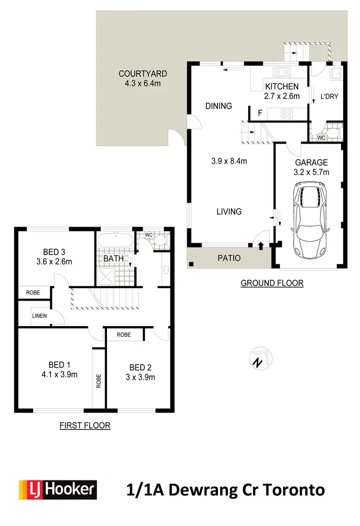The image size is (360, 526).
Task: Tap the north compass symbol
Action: point(260,359)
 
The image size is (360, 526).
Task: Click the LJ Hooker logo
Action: point(58,489)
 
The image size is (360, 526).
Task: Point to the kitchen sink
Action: point(282,73)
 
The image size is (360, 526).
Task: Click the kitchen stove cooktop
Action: point(287,114)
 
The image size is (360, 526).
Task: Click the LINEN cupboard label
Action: point(39,316)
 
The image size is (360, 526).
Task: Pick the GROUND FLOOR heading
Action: point(272,283)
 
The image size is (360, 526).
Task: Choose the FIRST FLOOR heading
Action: point(85,425)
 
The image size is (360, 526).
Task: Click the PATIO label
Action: point(229,258)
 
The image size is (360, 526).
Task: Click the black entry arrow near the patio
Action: point(261,246)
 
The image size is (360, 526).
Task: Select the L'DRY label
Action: point(329,96)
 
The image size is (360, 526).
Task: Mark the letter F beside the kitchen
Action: point(260,113)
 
